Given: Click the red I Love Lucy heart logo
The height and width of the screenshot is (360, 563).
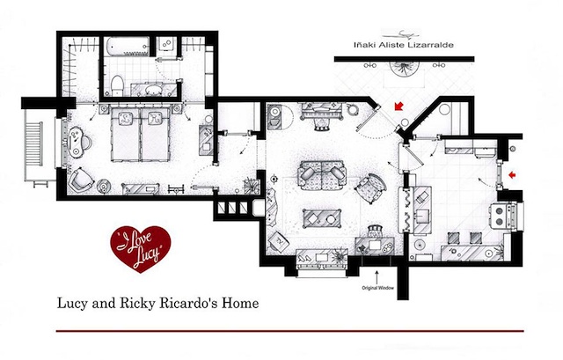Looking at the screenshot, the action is point(141,248).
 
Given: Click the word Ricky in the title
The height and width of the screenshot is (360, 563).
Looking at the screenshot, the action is point(137,303).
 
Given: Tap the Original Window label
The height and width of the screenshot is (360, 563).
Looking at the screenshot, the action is point(377,288).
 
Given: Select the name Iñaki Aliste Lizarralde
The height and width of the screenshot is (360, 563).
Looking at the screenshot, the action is point(404,45).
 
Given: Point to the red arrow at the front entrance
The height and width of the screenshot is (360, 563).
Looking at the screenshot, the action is point(398,106).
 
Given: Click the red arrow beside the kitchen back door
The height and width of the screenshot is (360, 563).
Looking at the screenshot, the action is point(512,175).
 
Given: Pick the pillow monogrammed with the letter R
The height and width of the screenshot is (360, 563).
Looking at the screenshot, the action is point(155,117).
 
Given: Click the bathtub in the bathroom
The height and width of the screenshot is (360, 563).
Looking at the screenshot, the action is point(128,46).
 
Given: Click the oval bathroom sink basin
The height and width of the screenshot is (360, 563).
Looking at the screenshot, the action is point(154,89).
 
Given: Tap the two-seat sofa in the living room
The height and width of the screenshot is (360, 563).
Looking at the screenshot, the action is point(322,175).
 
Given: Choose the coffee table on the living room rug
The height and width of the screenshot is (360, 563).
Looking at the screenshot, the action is point(321,218).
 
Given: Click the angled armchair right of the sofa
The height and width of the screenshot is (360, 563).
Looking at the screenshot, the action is point(370,187).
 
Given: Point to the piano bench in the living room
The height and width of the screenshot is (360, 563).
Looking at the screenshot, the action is point(322,125).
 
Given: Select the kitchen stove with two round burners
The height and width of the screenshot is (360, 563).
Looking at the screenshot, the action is point(505,216).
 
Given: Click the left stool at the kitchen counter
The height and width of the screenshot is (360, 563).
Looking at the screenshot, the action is point(453,238).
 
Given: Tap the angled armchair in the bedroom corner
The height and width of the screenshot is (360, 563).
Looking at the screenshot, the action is point(81,180).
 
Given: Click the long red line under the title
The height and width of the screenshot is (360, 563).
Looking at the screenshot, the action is point(289,331).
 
